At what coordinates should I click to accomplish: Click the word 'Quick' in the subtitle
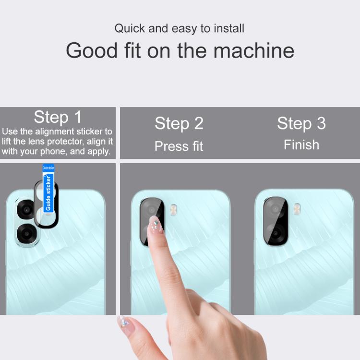point(130,29)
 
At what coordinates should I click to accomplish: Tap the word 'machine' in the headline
point(254,50)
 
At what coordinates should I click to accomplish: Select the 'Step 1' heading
point(58,117)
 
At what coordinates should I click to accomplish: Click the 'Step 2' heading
point(179,123)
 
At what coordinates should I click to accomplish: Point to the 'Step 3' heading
point(301,123)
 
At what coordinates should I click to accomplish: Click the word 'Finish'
point(301,145)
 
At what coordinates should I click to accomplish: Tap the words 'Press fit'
point(179,146)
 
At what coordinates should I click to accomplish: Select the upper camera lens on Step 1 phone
point(26,210)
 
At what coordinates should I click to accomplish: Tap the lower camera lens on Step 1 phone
point(26,234)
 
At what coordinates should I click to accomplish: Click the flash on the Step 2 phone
point(173,210)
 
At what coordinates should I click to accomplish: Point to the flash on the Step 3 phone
point(297,209)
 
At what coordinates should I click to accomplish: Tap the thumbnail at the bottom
point(124,324)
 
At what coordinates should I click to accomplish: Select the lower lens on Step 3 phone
point(276,233)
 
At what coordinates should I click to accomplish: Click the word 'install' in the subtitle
point(229,28)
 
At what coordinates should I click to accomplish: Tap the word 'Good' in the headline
point(92,50)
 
